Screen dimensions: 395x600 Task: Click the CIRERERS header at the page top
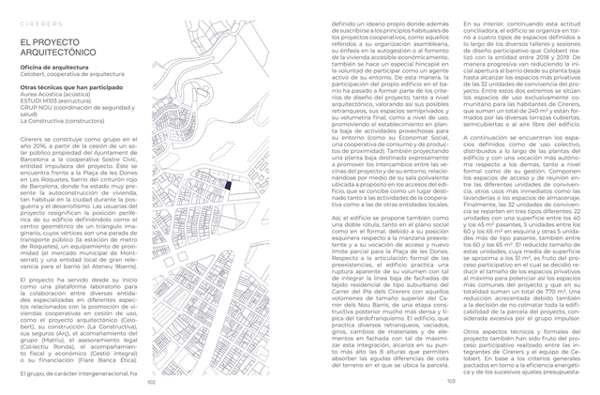pos(37,17)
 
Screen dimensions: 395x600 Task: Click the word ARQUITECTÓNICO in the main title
pos(62,54)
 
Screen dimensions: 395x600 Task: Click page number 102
pos(151,382)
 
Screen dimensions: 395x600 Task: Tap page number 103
pos(450,382)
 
